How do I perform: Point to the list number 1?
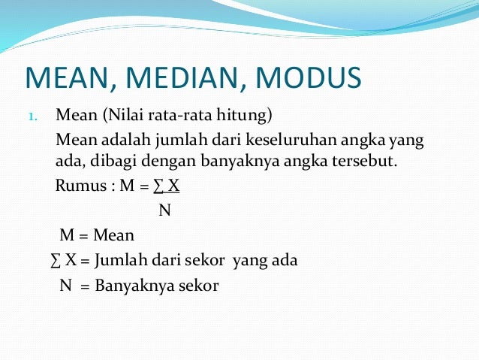point(32,117)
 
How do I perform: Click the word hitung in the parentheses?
point(251,116)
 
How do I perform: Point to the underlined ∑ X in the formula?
point(167,186)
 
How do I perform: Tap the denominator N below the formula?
point(164,210)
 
